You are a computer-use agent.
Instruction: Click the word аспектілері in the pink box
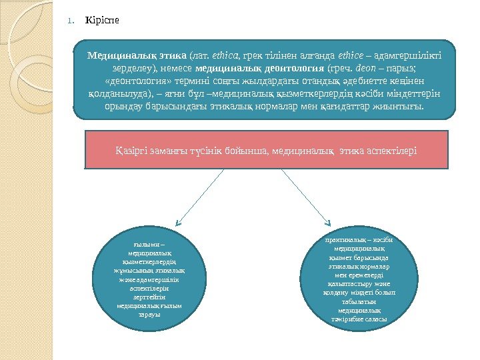[x=391, y=151]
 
